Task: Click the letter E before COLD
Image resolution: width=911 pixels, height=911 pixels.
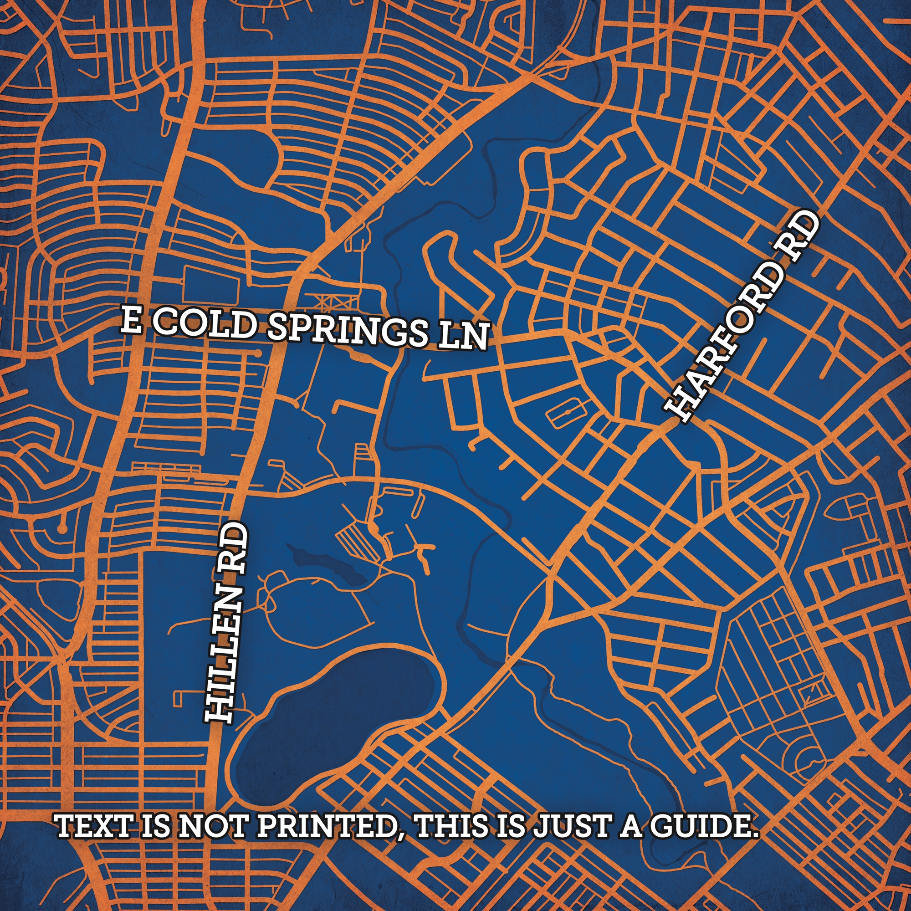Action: pyautogui.click(x=131, y=319)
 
